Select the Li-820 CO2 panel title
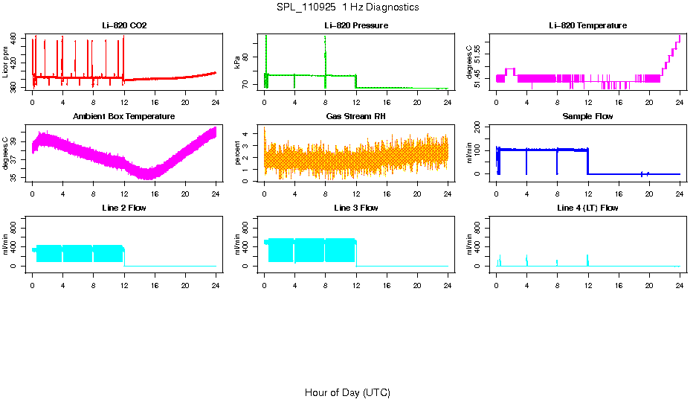tap(124, 25)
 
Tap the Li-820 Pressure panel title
tap(355, 25)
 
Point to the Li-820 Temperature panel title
tap(587, 25)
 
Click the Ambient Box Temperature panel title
tap(124, 116)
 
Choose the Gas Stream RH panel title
tap(355, 116)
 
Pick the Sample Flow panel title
tap(587, 116)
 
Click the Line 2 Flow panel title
tap(124, 208)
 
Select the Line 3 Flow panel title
tap(355, 208)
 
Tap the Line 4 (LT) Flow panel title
tap(587, 208)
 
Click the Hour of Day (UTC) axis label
tap(347, 392)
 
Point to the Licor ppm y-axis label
tap(7, 63)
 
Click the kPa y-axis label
tap(238, 63)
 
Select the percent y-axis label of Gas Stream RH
tap(238, 154)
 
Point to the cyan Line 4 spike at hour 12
tap(587, 259)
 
